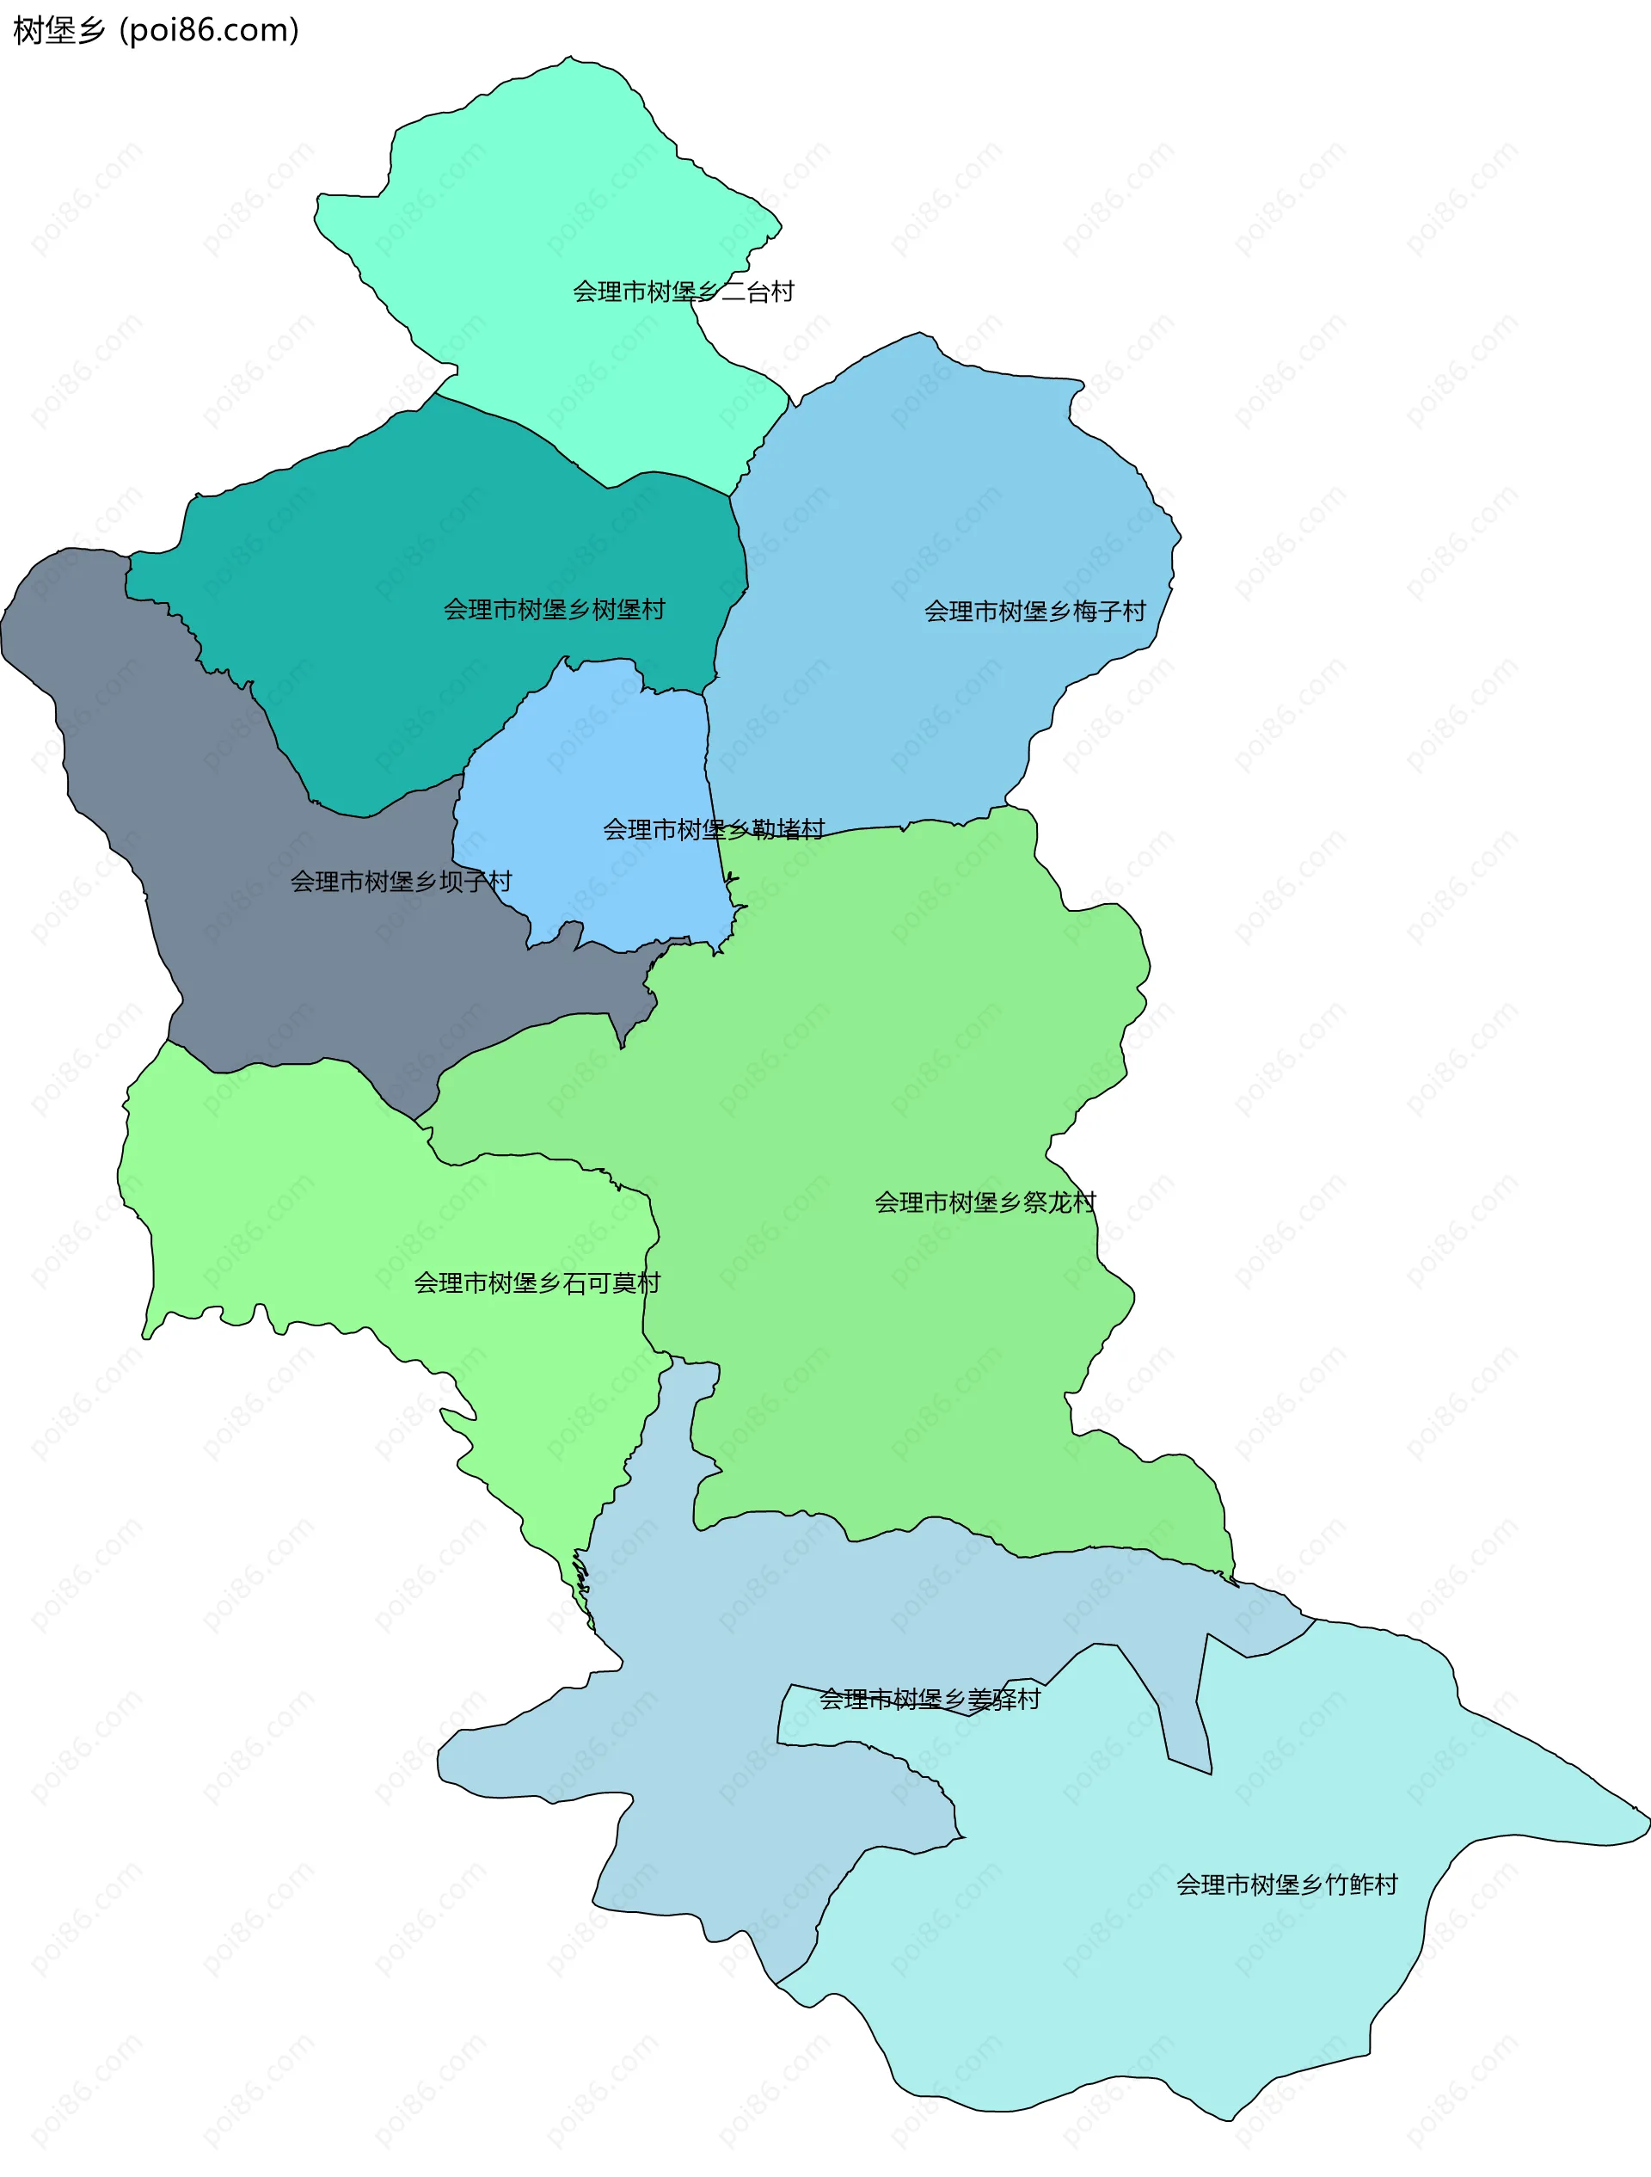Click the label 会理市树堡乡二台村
pyautogui.click(x=683, y=292)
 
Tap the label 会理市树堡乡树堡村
pyautogui.click(x=554, y=610)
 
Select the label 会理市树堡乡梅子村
pyautogui.click(x=1035, y=612)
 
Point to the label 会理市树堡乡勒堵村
pyautogui.click(x=714, y=830)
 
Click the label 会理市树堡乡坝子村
pyautogui.click(x=401, y=882)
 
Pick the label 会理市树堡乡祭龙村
pyautogui.click(x=985, y=1202)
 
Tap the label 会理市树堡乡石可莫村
pyautogui.click(x=537, y=1283)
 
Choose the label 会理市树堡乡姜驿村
pyautogui.click(x=930, y=1700)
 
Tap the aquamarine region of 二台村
pyautogui.click(x=551, y=177)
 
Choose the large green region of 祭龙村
pyautogui.click(x=886, y=1033)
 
